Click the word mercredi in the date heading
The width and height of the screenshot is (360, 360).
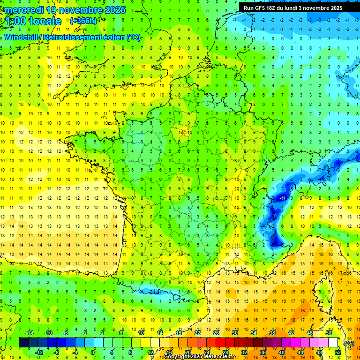point(24,10)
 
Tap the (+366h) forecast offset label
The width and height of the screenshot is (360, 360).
point(83,21)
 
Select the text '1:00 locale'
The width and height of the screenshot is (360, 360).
point(33,21)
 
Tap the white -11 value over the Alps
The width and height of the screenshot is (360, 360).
point(283,198)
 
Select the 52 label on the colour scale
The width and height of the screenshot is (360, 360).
point(338,352)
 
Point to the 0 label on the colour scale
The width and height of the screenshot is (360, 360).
point(92,352)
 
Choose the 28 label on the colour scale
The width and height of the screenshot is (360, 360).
point(225,352)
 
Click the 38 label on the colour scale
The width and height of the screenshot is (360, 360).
point(272,333)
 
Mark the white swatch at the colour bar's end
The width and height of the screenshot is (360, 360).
point(333,343)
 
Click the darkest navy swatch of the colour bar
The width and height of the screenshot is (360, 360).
point(23,343)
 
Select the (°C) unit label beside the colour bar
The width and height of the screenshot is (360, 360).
point(349,343)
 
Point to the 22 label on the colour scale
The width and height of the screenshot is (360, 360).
point(197,333)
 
